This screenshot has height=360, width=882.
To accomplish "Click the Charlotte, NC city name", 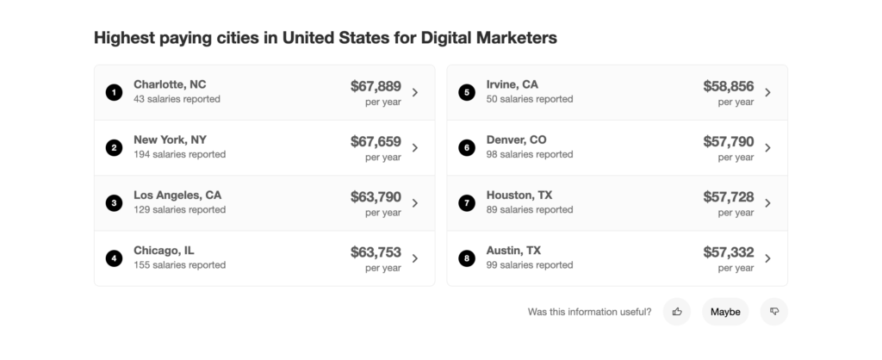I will tap(170, 84).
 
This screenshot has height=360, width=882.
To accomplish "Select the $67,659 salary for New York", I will tap(376, 141).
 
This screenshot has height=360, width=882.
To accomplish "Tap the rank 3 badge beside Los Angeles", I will tap(114, 203).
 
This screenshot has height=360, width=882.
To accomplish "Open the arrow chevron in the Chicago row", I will tap(415, 258).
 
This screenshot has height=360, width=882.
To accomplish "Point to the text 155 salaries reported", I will tap(179, 264).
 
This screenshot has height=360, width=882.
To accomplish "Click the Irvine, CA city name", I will tap(512, 84).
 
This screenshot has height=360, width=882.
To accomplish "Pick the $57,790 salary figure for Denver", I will tap(728, 141).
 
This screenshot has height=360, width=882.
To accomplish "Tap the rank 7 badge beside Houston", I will tap(467, 203).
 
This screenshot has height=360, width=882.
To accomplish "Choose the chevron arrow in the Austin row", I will tap(767, 258).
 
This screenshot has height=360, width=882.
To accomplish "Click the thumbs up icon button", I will tap(677, 312).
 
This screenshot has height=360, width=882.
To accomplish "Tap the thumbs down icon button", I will tap(773, 312).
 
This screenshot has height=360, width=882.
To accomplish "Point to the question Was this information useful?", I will tap(589, 312).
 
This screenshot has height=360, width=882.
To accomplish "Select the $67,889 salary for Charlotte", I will tap(376, 86).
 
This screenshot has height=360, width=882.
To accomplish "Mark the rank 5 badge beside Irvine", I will tap(467, 92).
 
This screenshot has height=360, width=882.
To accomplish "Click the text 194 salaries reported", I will tap(179, 154).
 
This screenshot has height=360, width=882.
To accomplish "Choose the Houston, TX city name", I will tap(519, 196).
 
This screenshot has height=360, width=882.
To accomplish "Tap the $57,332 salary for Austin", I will tap(728, 252).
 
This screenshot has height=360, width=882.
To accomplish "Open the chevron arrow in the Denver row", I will tap(767, 147).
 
